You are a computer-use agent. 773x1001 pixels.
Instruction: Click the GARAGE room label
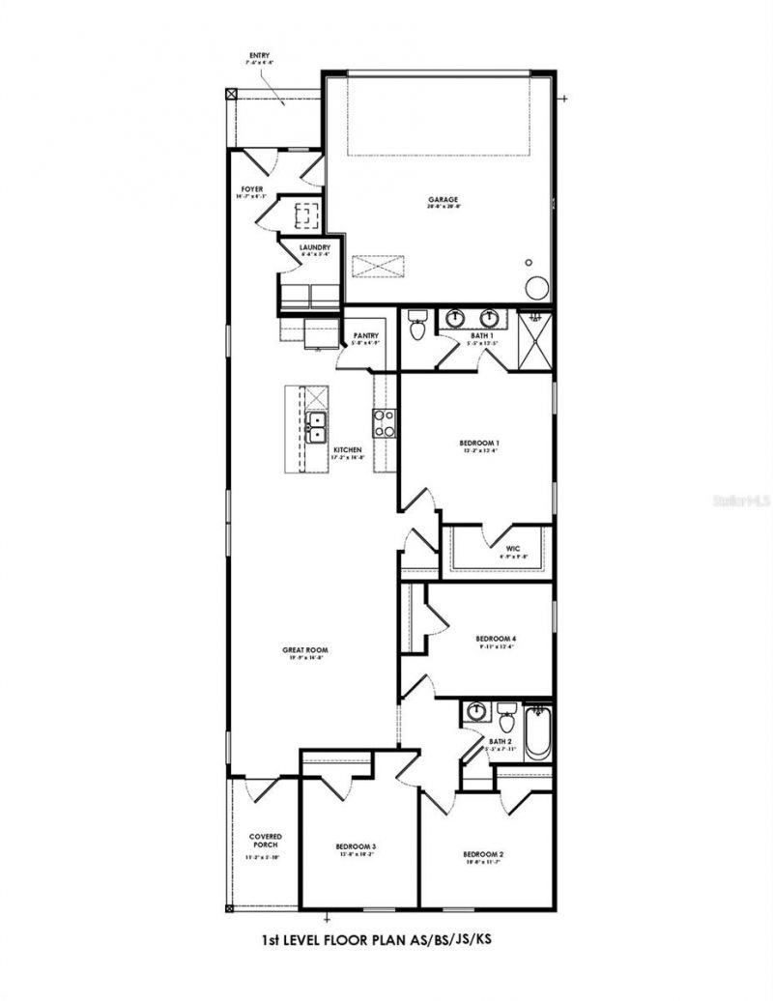pyautogui.click(x=444, y=200)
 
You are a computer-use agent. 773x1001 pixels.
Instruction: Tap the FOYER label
pyautogui.click(x=252, y=189)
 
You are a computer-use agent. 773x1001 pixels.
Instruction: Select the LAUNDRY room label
pyautogui.click(x=315, y=247)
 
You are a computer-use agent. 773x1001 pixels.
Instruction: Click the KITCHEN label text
pyautogui.click(x=348, y=450)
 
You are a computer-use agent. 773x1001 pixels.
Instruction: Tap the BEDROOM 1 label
pyautogui.click(x=479, y=443)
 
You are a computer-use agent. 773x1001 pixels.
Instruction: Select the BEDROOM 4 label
pyautogui.click(x=496, y=639)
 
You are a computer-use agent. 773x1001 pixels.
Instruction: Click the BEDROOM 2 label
pyautogui.click(x=483, y=854)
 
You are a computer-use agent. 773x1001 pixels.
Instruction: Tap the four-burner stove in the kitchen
pyautogui.click(x=385, y=422)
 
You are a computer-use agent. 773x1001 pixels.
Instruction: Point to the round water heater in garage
pyautogui.click(x=537, y=287)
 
